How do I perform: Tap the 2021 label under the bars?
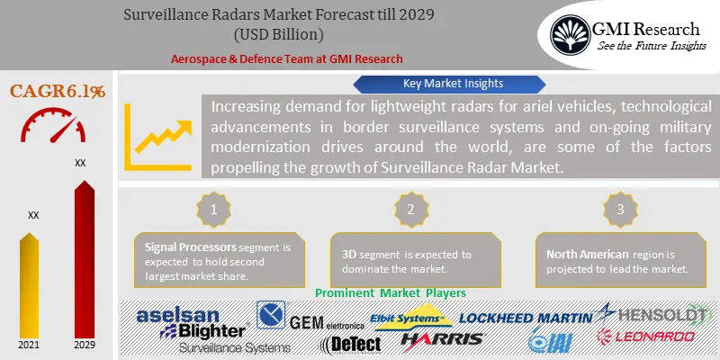click(x=32, y=345)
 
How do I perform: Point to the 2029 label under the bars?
click(x=83, y=345)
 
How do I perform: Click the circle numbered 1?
click(x=214, y=209)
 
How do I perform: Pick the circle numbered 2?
click(x=412, y=209)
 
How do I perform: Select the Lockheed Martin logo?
click(x=526, y=317)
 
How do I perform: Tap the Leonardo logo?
click(x=646, y=337)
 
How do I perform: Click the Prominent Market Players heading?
click(x=391, y=292)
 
